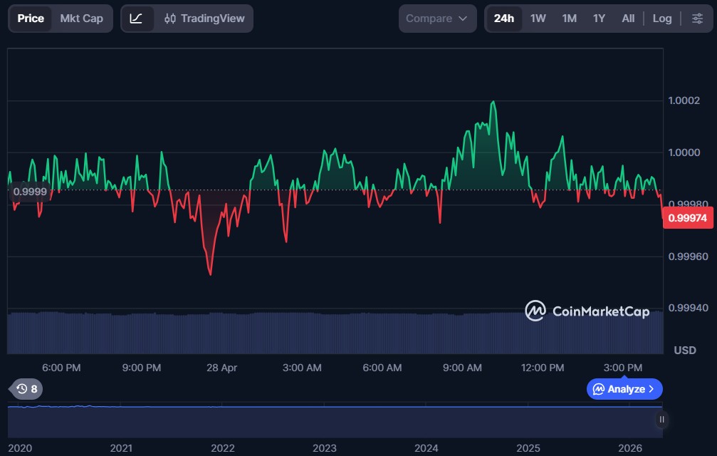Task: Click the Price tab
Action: pyautogui.click(x=31, y=19)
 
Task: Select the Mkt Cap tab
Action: pyautogui.click(x=81, y=19)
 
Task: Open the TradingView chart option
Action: pyautogui.click(x=204, y=19)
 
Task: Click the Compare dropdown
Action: pyautogui.click(x=437, y=19)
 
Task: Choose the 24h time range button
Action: pyautogui.click(x=504, y=19)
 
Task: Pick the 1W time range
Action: pyautogui.click(x=538, y=19)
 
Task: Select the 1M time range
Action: pyautogui.click(x=570, y=19)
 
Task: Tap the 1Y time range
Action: pyautogui.click(x=599, y=19)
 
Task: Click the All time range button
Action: pyautogui.click(x=628, y=19)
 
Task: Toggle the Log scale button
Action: pyautogui.click(x=662, y=19)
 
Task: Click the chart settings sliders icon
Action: pyautogui.click(x=697, y=19)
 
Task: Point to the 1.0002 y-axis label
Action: pyautogui.click(x=684, y=100)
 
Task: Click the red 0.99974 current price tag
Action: pyautogui.click(x=688, y=218)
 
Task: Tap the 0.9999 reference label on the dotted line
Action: pyautogui.click(x=30, y=192)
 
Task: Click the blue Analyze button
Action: pyautogui.click(x=624, y=389)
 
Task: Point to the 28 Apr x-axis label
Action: pyautogui.click(x=221, y=368)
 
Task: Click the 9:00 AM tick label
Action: pyautogui.click(x=462, y=368)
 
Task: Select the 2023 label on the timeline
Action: pyautogui.click(x=324, y=448)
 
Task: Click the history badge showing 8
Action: pyautogui.click(x=27, y=389)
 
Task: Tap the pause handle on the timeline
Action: pyautogui.click(x=661, y=420)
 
